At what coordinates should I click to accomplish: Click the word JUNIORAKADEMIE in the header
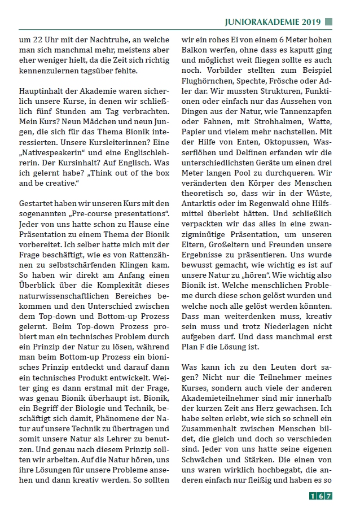click(257, 22)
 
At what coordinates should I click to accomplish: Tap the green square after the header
click(328, 22)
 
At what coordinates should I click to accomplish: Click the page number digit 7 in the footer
click(329, 496)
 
